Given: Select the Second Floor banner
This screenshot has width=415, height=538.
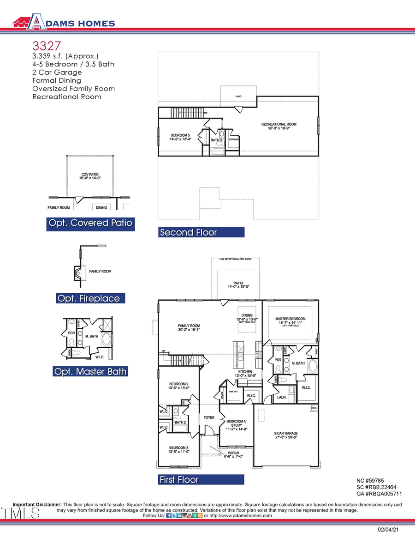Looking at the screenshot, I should point(201,232).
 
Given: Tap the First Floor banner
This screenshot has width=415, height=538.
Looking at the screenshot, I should point(201,480).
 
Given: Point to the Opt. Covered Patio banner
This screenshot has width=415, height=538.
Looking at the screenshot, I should point(90,224).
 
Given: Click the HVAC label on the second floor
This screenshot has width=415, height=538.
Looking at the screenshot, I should point(238,97).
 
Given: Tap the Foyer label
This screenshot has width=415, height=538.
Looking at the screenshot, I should point(209,417).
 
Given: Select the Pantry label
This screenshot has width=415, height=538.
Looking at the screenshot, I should point(233,392).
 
